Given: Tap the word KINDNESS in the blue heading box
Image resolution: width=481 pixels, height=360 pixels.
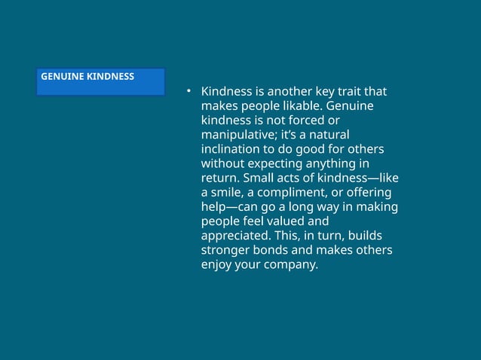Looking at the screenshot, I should [x=111, y=77].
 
